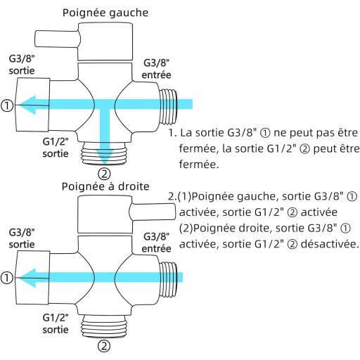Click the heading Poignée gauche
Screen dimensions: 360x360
tap(105, 13)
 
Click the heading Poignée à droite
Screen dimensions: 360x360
tap(105, 186)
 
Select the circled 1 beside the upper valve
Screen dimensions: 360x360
tap(7, 106)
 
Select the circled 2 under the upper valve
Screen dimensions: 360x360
tap(104, 173)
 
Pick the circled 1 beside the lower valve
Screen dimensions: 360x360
tap(7, 278)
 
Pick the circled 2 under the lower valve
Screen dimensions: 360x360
tap(103, 345)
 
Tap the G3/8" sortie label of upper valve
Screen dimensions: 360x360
tap(23, 63)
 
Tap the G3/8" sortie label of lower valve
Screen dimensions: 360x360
tap(23, 237)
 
